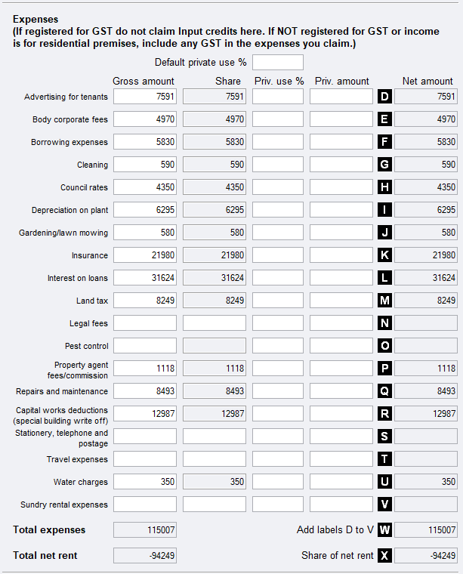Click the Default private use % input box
pyautogui.click(x=278, y=62)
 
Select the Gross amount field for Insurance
pyautogui.click(x=145, y=255)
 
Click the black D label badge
pyautogui.click(x=384, y=97)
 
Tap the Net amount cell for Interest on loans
pyautogui.click(x=425, y=278)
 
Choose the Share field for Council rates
pyautogui.click(x=215, y=187)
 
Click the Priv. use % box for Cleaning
pyautogui.click(x=278, y=165)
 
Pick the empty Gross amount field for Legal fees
pyautogui.click(x=145, y=323)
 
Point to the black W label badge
pyautogui.click(x=384, y=530)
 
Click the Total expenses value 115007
pyautogui.click(x=145, y=530)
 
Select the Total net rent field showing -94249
pyautogui.click(x=145, y=556)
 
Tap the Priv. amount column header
pyautogui.click(x=342, y=81)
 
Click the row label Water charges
pyautogui.click(x=80, y=482)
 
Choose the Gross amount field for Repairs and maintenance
pyautogui.click(x=145, y=391)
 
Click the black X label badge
pyautogui.click(x=384, y=556)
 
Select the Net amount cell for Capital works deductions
pyautogui.click(x=425, y=414)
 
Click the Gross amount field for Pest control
pyautogui.click(x=145, y=346)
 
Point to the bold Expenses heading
pyautogui.click(x=35, y=19)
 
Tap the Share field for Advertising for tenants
pyautogui.click(x=215, y=97)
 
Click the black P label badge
pyautogui.click(x=384, y=369)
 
